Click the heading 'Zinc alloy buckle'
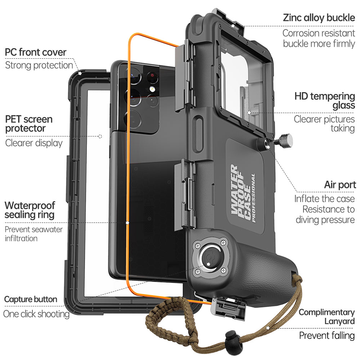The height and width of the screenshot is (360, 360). pos(319,18)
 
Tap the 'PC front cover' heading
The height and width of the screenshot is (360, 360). pos(36,52)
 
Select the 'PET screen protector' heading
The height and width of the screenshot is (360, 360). pos(29,123)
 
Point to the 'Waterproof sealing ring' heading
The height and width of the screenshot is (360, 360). pos(30,210)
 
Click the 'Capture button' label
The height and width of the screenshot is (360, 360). pos(31,299)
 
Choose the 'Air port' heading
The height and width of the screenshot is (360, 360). pos(340,185)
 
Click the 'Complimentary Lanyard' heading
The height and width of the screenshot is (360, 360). pos(327,317)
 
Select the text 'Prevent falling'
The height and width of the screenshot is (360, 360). pos(327,336)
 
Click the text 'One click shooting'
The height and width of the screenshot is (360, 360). pos(36,314)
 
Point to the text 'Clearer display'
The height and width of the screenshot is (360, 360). pos(34,143)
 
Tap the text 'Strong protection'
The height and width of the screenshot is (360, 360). pos(39,65)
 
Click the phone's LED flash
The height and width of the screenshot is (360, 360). pos(152,89)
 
